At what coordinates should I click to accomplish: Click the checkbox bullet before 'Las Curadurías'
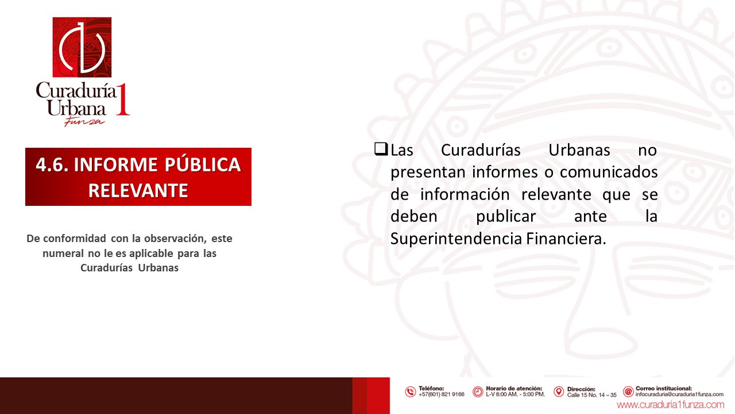[381, 149]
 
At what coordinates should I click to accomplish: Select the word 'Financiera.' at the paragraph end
[566, 239]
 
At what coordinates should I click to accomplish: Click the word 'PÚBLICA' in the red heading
[203, 164]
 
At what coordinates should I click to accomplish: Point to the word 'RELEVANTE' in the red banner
[138, 190]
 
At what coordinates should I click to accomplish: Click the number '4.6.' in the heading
[52, 165]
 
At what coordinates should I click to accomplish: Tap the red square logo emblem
[82, 47]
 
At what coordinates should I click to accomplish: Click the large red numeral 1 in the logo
[123, 99]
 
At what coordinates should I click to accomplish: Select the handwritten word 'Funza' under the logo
[84, 121]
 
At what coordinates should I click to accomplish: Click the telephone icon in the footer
[410, 392]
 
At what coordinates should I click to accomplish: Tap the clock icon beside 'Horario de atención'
[478, 392]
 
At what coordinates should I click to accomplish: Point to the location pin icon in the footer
[559, 392]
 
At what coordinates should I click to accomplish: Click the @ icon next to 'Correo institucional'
[628, 392]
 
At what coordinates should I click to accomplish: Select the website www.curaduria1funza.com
[670, 404]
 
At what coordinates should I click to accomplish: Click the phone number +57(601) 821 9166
[442, 394]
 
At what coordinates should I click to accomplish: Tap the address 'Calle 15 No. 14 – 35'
[592, 395]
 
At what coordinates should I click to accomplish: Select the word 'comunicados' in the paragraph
[609, 172]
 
